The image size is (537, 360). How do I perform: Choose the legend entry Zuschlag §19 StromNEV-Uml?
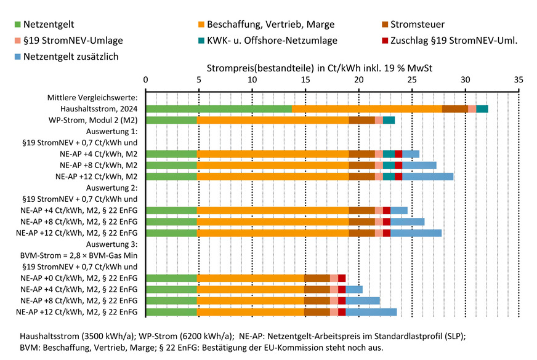coord(459,41)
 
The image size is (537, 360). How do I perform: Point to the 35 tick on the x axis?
coord(519,80)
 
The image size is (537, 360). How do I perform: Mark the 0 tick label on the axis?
coord(145,80)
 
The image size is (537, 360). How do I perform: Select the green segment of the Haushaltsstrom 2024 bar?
coord(219,109)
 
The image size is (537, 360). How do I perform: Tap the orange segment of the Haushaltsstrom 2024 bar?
coord(366,109)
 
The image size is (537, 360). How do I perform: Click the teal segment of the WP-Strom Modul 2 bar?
coord(389,120)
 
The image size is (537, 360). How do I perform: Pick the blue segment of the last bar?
coord(371,312)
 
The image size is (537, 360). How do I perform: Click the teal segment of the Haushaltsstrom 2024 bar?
coord(482,109)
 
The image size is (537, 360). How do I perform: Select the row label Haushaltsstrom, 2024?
coord(99,109)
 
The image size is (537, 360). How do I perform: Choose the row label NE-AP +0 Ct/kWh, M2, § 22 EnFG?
coord(79,278)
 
